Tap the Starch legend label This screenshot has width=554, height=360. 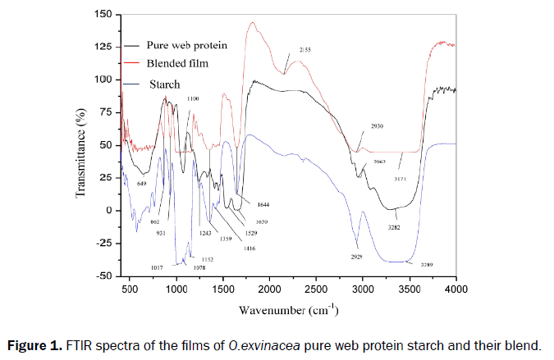point(164,84)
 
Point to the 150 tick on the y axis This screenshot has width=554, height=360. point(102,14)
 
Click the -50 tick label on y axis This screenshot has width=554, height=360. point(101,276)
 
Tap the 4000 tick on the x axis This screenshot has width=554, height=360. point(456,289)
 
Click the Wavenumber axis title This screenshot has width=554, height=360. point(290,311)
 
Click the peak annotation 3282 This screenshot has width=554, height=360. point(396,226)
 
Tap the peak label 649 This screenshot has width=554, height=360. point(142,183)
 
